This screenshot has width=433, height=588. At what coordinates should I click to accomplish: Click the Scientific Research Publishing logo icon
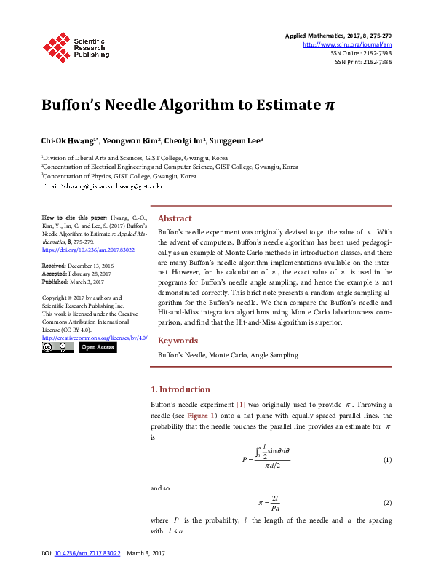(x=56, y=45)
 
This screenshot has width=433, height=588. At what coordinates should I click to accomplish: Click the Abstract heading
(x=175, y=218)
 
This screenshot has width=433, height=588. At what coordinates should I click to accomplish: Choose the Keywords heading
(x=178, y=341)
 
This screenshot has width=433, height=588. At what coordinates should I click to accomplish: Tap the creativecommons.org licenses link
(x=95, y=338)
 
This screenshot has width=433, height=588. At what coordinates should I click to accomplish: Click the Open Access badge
(x=98, y=348)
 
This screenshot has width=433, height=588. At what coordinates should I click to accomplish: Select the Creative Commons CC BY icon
(x=57, y=348)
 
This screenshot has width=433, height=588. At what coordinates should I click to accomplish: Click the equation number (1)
(x=387, y=461)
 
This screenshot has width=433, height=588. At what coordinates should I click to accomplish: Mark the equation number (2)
(x=387, y=503)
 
